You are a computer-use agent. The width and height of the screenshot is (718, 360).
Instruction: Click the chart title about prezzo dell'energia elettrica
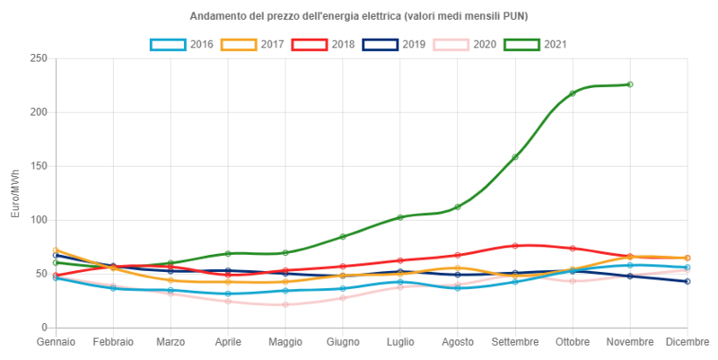(359, 17)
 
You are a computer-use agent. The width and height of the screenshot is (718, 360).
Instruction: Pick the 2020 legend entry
(465, 43)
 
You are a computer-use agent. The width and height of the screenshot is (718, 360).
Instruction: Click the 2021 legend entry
(535, 43)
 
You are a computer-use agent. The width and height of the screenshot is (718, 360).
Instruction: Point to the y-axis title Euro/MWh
(15, 193)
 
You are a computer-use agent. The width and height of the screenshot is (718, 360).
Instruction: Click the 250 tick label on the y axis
(39, 58)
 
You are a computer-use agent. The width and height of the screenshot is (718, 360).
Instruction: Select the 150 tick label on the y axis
(39, 166)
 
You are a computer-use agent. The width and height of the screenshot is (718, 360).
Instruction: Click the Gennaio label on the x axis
(56, 342)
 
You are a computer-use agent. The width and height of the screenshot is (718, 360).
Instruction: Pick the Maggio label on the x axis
(285, 342)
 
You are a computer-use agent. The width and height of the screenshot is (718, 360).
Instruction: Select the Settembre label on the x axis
(515, 342)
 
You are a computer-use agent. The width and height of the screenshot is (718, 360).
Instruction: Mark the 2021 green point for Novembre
(630, 84)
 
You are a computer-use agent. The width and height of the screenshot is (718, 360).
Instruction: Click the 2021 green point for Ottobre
(573, 93)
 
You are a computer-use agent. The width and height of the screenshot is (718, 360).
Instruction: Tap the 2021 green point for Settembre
(515, 157)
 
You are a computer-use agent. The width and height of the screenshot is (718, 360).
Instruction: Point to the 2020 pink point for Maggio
(285, 304)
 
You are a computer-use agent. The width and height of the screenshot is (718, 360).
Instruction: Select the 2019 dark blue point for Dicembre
(687, 281)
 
